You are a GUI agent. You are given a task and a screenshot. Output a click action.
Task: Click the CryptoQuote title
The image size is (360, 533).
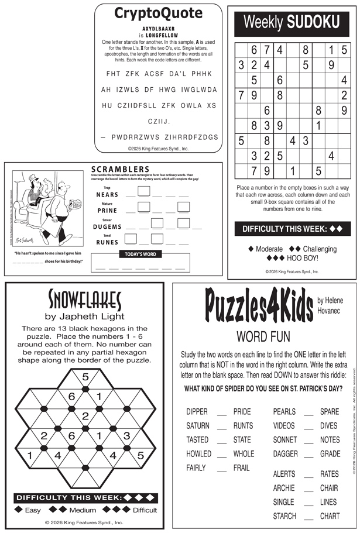pos(158,13)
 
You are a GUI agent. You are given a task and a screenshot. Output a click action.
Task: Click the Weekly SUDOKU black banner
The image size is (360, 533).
pos(291,23)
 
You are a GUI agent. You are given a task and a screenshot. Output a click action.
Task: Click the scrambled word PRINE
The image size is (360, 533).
pos(108,210)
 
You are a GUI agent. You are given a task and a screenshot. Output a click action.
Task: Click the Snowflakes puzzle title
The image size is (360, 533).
pos(85,301)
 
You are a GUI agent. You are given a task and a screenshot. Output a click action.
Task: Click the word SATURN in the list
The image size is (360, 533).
pos(198,425)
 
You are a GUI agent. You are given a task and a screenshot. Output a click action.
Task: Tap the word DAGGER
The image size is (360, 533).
pos(285,453)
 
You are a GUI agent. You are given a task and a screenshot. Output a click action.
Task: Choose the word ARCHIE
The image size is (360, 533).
pos(284,488)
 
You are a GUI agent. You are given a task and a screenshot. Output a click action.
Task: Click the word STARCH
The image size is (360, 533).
pos(284,516)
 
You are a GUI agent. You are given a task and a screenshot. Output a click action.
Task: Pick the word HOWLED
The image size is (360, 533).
pos(198,453)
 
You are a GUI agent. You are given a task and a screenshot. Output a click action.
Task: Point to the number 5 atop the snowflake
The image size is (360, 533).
pos(85,376)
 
